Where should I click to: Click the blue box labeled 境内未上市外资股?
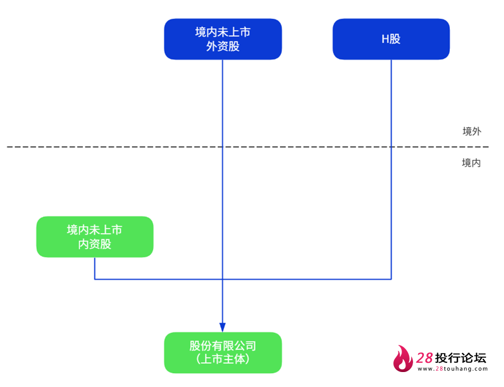[x=222, y=39]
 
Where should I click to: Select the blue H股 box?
[x=391, y=39]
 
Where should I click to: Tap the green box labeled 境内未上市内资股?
[x=94, y=237]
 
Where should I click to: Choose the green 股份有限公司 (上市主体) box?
[x=222, y=352]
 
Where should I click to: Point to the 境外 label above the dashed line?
[x=472, y=131]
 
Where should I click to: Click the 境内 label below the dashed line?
[x=471, y=163]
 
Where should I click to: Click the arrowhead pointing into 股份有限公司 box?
[x=222, y=327]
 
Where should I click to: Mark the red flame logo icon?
[x=403, y=359]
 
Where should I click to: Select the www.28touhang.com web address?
[x=453, y=369]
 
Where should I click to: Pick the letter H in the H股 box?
[x=385, y=39]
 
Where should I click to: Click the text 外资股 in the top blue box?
[x=222, y=46]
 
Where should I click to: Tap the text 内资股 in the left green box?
[x=94, y=244]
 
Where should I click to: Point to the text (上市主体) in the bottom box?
[x=222, y=359]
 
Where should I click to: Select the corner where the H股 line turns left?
[x=391, y=279]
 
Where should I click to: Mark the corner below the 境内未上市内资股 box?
[x=94, y=279]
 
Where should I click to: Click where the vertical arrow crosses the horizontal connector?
[x=222, y=279]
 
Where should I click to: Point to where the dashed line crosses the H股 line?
[x=391, y=147]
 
